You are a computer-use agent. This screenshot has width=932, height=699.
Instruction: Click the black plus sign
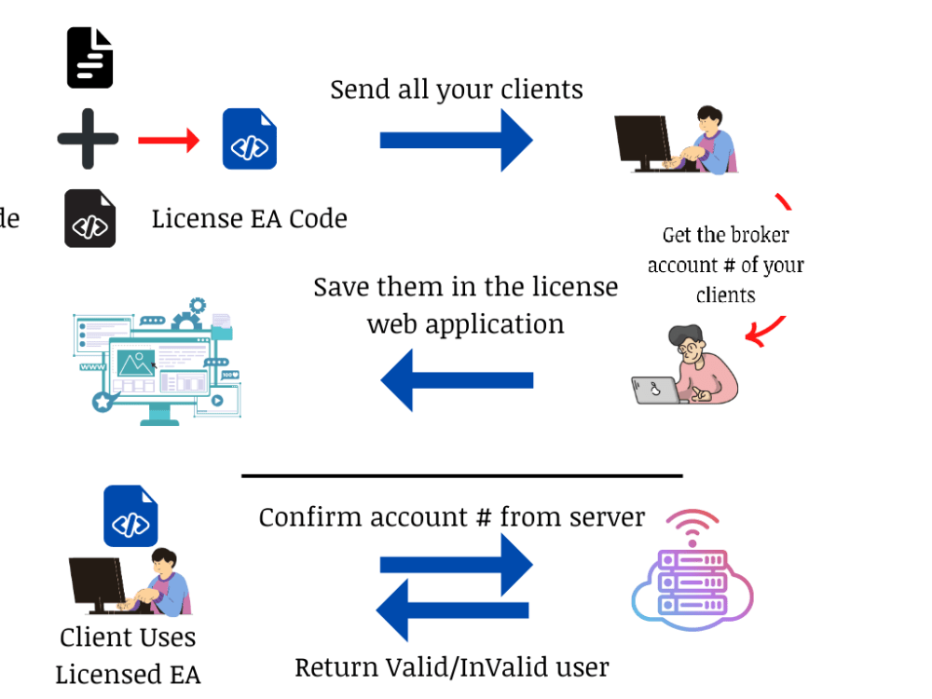(x=88, y=140)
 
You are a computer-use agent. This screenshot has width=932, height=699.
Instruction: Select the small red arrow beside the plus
(x=169, y=141)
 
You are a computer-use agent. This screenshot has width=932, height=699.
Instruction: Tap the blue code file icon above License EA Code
(x=249, y=140)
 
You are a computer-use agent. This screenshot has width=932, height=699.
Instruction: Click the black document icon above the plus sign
(x=89, y=58)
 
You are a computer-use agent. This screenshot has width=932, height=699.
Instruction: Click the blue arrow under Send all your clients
(x=456, y=140)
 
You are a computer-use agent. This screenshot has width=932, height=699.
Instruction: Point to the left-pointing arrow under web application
(x=457, y=379)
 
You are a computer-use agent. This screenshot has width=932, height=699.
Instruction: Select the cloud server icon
(x=692, y=572)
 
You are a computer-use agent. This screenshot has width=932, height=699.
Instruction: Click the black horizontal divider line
(x=461, y=475)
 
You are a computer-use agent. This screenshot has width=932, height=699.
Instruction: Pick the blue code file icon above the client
(x=130, y=515)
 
